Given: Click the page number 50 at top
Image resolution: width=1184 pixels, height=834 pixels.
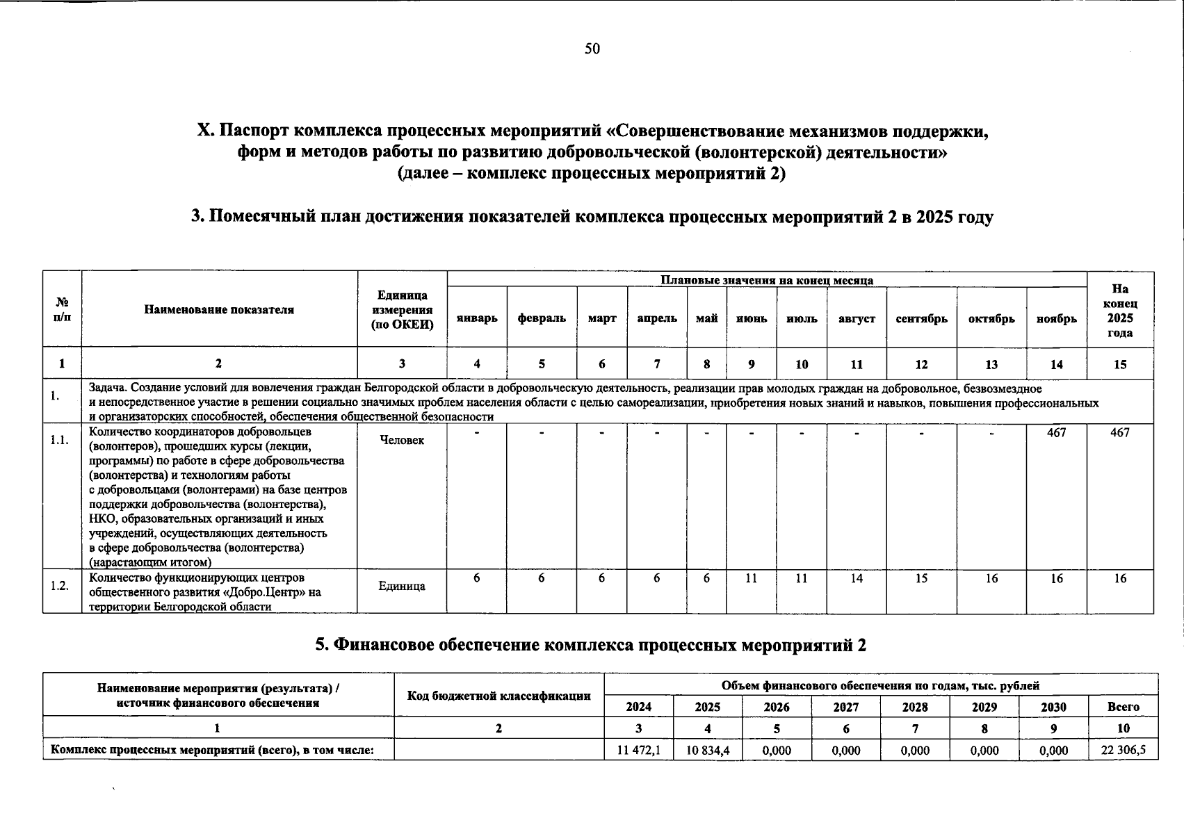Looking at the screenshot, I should [592, 49].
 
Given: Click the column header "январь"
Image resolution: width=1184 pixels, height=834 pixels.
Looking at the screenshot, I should [477, 318].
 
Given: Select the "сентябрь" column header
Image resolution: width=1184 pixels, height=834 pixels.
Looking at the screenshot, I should [921, 318].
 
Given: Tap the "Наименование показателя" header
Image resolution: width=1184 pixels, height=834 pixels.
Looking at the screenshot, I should [219, 310].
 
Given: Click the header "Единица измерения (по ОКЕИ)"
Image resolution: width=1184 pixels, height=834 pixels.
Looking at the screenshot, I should [403, 310].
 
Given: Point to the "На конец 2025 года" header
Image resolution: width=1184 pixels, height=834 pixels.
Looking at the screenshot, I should [1120, 311].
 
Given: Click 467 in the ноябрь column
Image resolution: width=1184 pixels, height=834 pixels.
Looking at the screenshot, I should [1056, 432].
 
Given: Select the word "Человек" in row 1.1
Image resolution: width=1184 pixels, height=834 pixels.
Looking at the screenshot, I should [402, 440].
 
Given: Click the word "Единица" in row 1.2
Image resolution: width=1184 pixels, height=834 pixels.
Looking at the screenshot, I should [402, 586].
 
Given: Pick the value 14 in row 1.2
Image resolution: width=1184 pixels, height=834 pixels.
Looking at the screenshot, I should [857, 578].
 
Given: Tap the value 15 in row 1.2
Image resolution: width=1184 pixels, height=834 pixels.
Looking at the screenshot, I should [921, 578].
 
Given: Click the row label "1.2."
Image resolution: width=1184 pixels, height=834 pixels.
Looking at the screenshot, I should [60, 586].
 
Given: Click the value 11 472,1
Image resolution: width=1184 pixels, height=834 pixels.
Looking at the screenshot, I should [638, 751].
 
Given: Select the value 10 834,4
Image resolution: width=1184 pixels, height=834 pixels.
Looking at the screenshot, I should [707, 751].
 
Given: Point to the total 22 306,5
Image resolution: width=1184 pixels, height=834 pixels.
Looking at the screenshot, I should [1123, 751].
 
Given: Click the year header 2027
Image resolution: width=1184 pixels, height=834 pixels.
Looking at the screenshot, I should [845, 707].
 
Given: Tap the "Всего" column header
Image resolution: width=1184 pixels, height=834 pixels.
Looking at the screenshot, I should [1123, 707].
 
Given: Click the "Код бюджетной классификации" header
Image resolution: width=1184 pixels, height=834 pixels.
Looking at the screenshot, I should [498, 696].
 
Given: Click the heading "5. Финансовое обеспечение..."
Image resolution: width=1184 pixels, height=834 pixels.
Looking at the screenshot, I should [591, 645].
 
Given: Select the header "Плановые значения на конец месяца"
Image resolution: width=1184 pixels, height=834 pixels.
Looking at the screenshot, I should [766, 280].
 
